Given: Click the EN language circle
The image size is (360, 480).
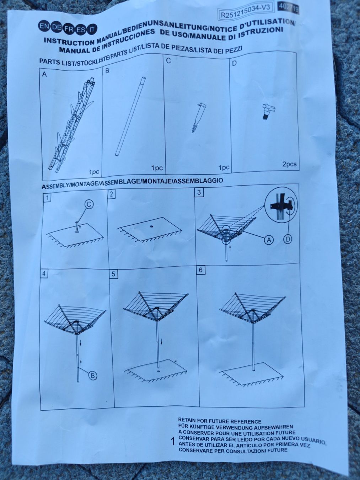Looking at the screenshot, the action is tap(42, 26).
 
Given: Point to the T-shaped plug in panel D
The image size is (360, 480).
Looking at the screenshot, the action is tap(268, 111).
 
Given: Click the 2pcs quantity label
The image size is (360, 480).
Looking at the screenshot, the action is tap(289, 164).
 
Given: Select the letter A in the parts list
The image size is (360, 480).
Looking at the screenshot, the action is tap(44, 75).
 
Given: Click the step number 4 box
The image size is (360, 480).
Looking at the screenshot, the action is tap(44, 274).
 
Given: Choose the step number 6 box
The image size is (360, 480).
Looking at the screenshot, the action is tap(201, 270).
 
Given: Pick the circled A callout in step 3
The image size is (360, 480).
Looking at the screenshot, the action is tap(268, 240).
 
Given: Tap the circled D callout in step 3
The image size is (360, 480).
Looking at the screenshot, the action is tap(288, 239).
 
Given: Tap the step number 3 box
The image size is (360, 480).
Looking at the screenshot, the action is tap(199, 192).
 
